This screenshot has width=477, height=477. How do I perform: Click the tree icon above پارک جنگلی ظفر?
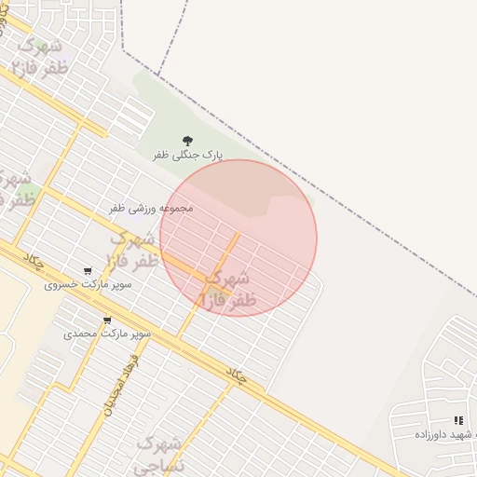click(x=188, y=141)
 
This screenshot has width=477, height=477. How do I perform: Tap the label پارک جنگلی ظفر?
click(x=188, y=157)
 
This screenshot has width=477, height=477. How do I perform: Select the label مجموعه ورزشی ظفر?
click(x=151, y=208)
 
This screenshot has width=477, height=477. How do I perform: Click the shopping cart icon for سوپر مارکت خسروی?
click(x=88, y=271)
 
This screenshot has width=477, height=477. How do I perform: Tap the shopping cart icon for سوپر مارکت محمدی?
click(x=107, y=320)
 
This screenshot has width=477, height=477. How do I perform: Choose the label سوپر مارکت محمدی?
click(x=94, y=334)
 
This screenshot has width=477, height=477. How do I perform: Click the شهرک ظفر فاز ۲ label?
click(x=37, y=56)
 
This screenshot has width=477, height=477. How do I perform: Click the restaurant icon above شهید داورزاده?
click(x=457, y=421)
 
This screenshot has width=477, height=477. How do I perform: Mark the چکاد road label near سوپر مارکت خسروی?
click(x=35, y=263)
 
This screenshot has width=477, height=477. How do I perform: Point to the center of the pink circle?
click(x=238, y=238)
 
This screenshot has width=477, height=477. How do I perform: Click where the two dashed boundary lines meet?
click(x=158, y=75)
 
